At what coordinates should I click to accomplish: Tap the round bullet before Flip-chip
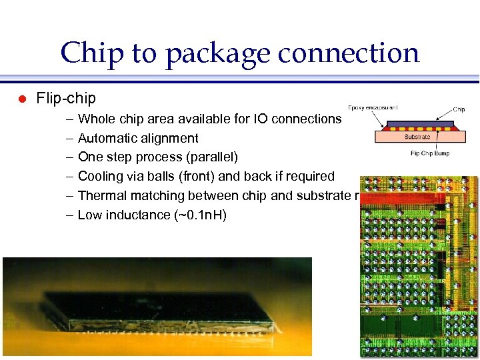[x=21, y=99]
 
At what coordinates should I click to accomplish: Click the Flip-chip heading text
[x=66, y=99]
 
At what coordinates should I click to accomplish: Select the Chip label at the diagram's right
[x=459, y=109]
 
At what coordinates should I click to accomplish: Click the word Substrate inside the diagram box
[x=417, y=137]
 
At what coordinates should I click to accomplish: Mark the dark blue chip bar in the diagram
[x=417, y=125]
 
